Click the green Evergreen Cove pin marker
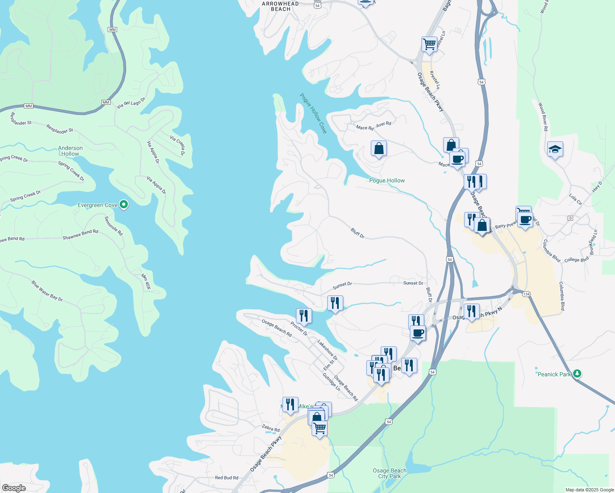(123, 205)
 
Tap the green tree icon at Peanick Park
(577, 373)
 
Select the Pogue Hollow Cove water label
(313, 113)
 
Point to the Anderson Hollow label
(70, 151)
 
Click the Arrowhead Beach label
(280, 6)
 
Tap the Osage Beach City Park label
(389, 473)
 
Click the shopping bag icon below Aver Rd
(379, 149)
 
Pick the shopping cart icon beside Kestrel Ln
(429, 44)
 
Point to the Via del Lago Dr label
(131, 103)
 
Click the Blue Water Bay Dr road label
(47, 291)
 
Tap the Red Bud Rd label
(227, 477)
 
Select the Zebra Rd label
(271, 428)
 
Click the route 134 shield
(527, 294)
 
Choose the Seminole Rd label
(114, 226)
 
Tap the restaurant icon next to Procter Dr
(304, 316)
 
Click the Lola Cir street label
(576, 199)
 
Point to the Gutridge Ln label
(331, 382)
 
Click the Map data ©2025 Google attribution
(590, 490)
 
